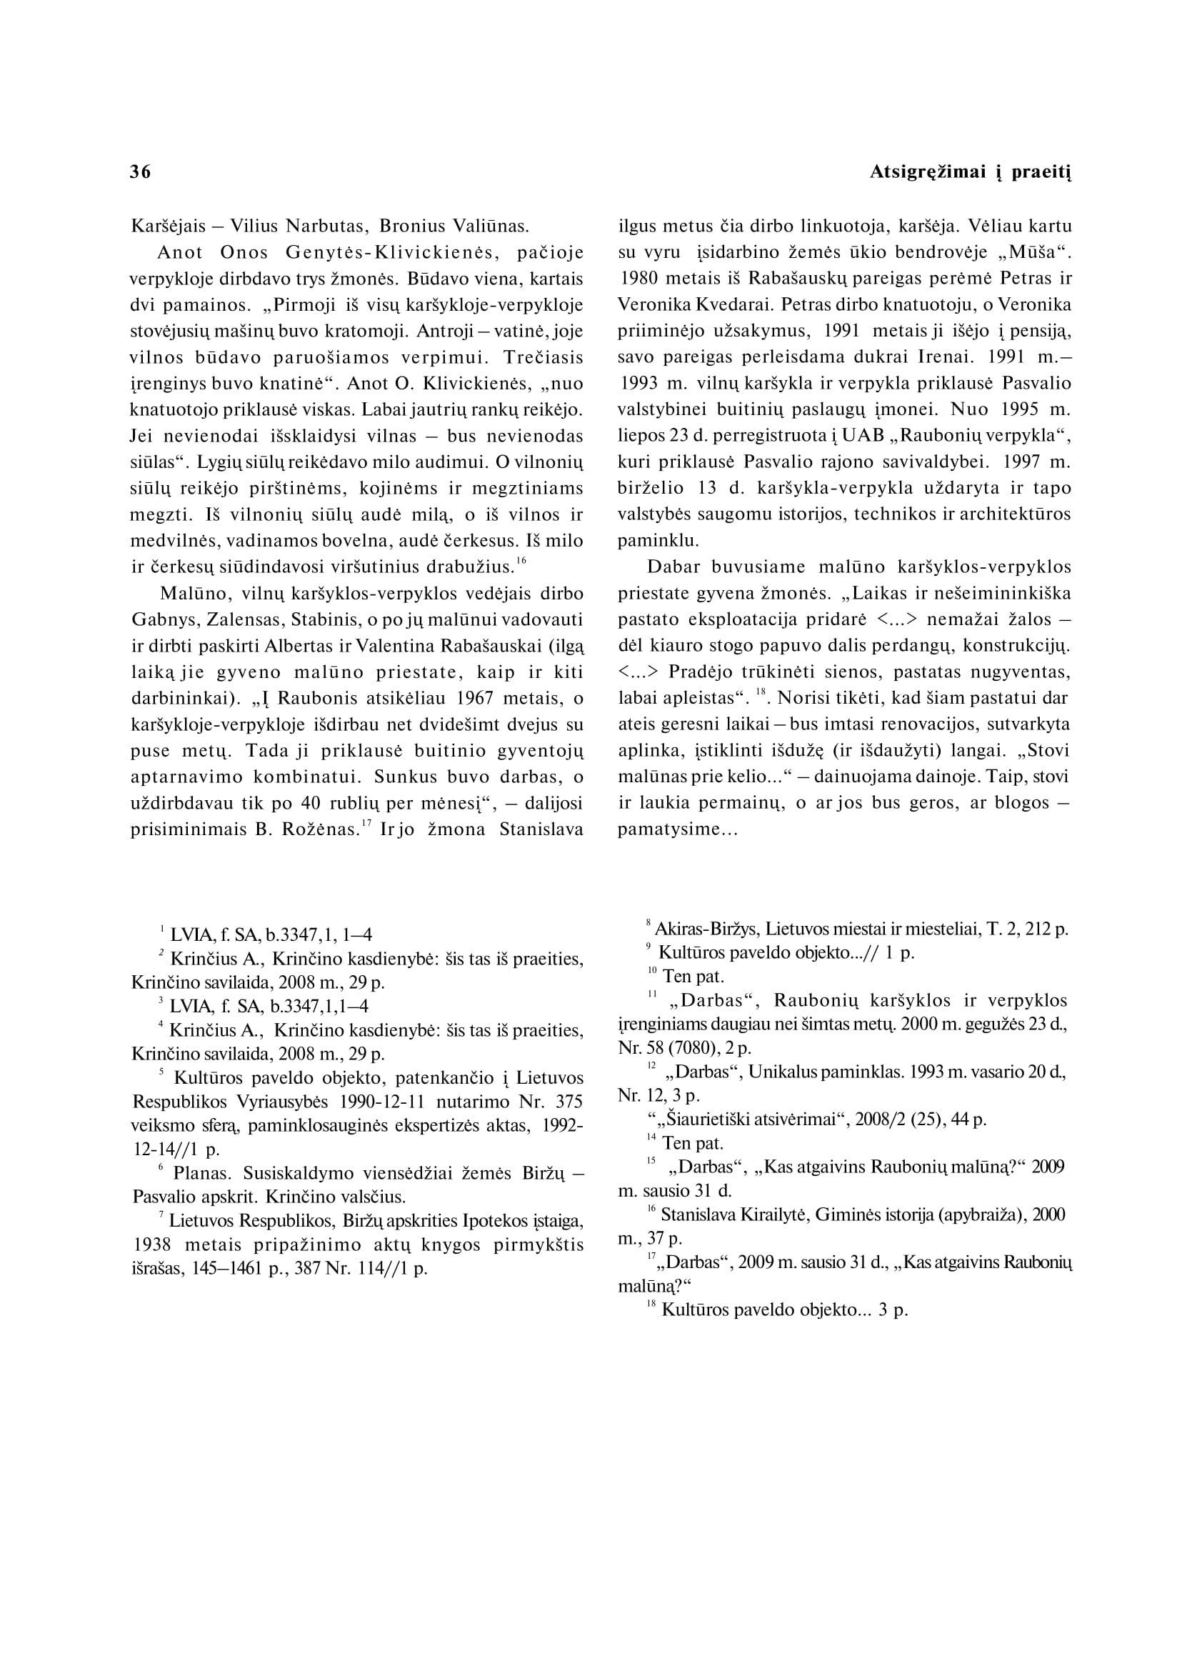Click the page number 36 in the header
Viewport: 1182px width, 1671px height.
141,172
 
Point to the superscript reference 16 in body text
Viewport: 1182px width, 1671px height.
521,560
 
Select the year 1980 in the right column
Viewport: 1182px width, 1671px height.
639,279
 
